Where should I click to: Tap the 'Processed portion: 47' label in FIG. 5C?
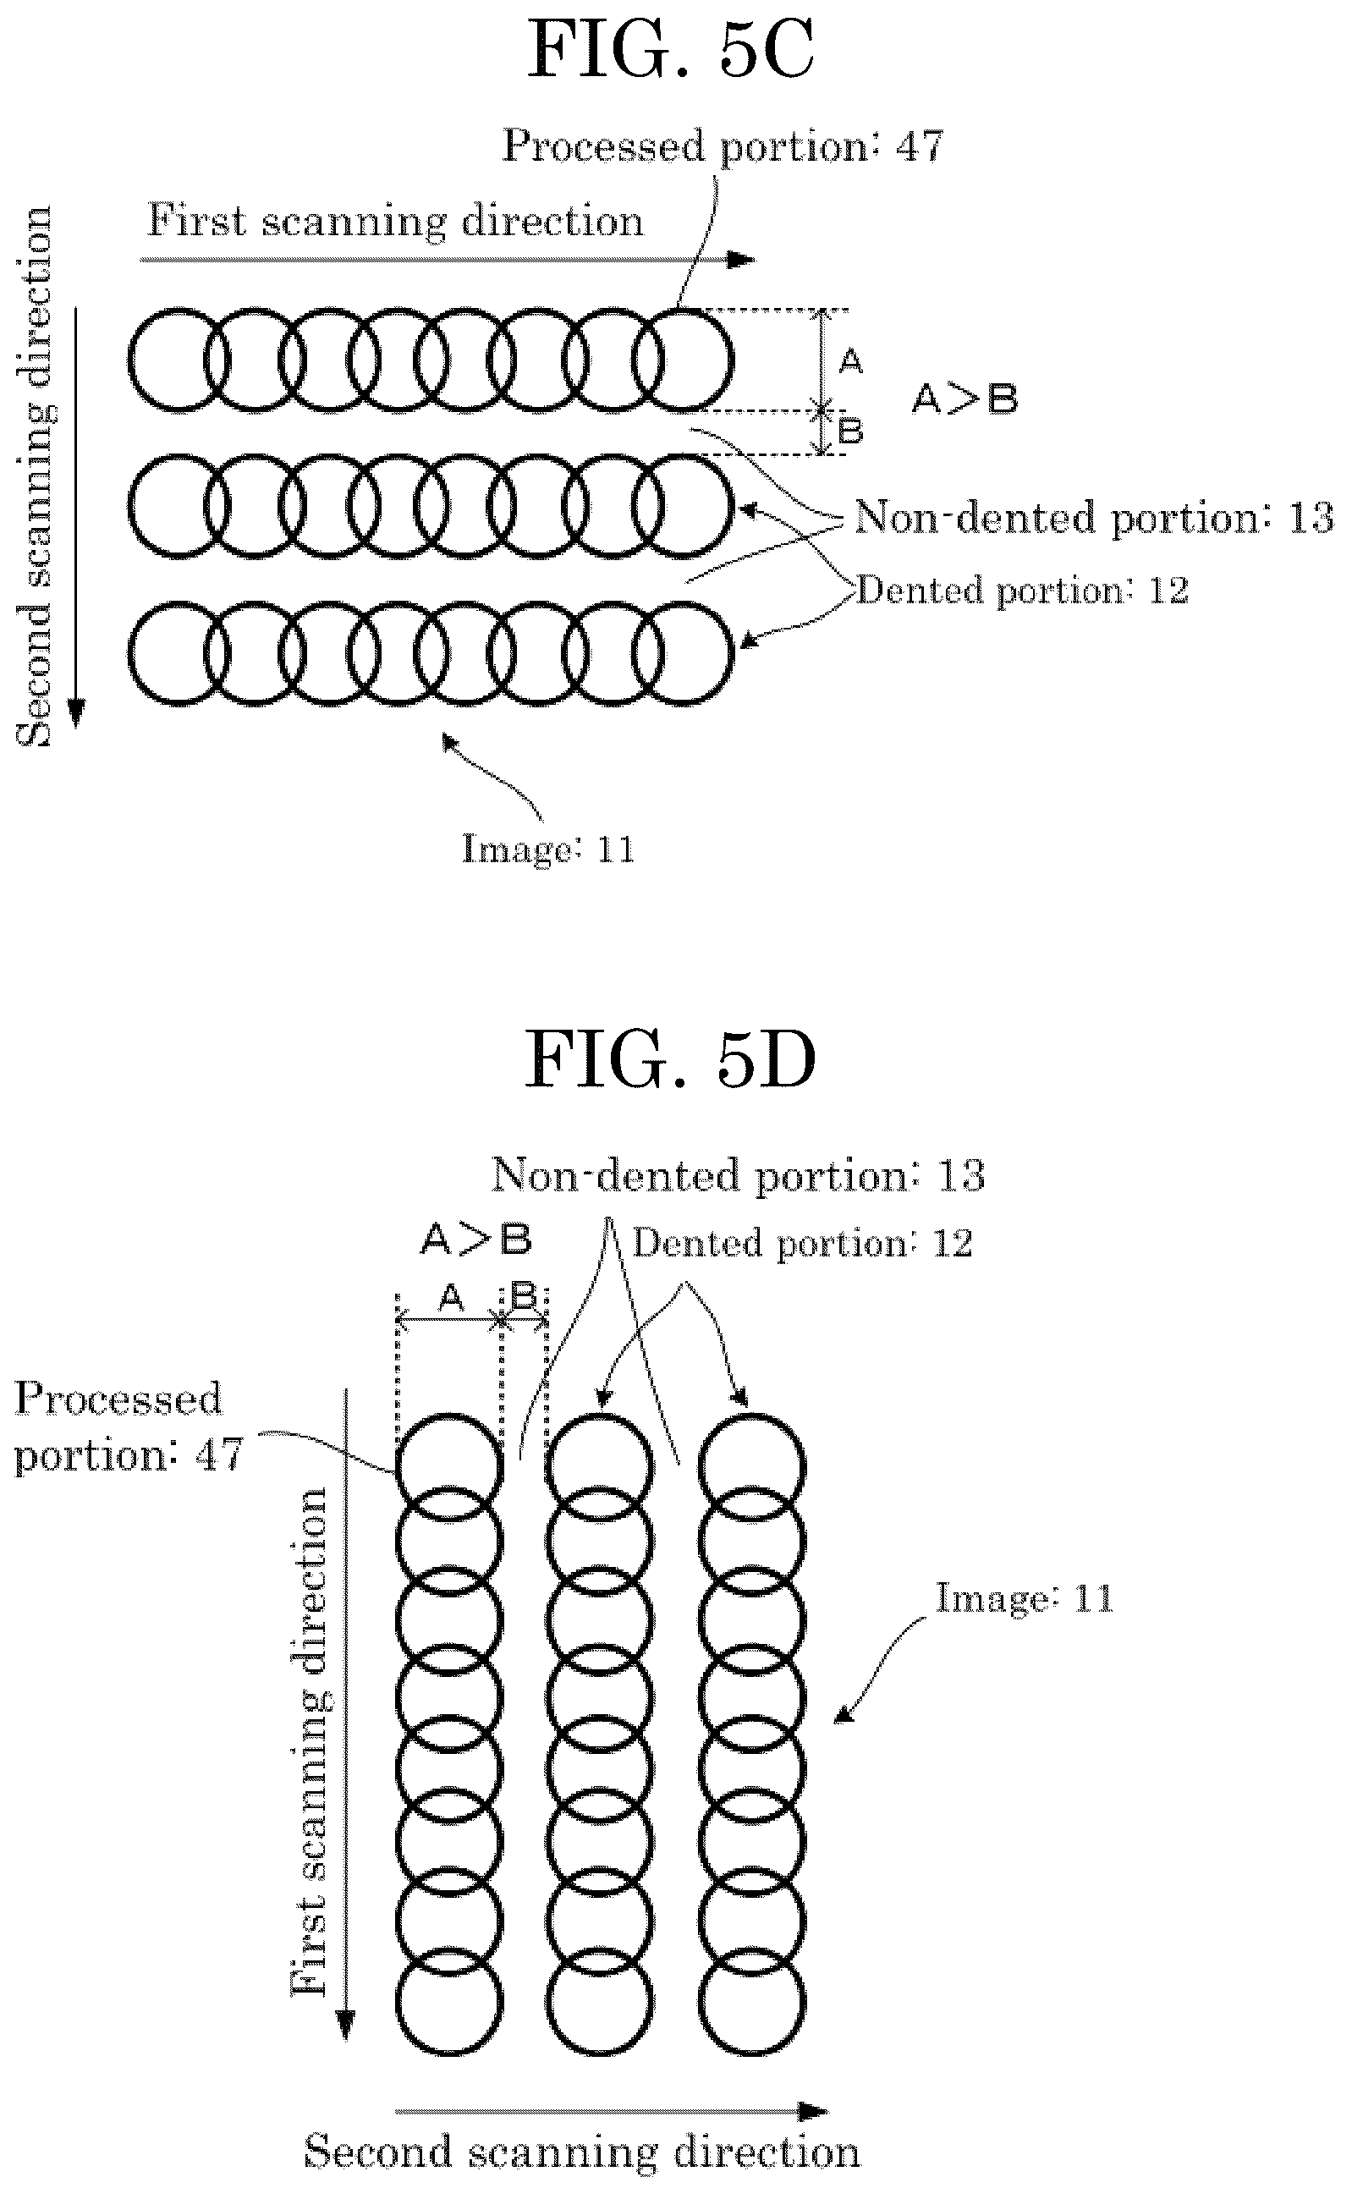click(723, 146)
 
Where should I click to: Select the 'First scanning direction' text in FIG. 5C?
click(395, 220)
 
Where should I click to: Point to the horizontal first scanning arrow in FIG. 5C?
click(448, 261)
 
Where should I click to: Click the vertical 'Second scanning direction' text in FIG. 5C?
click(36, 476)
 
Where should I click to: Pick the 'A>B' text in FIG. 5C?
click(965, 399)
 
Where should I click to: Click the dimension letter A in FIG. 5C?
click(850, 361)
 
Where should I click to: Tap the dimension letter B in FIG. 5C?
click(850, 431)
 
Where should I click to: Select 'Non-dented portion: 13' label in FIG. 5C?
click(1094, 518)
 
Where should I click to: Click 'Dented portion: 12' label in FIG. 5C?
click(1023, 591)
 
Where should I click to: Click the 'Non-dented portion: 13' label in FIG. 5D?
click(739, 1175)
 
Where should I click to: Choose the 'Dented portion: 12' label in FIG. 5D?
click(802, 1243)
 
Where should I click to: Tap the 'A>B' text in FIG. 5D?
click(476, 1240)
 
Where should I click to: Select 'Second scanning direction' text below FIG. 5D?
click(582, 2152)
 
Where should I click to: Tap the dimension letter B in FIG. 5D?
click(523, 1295)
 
